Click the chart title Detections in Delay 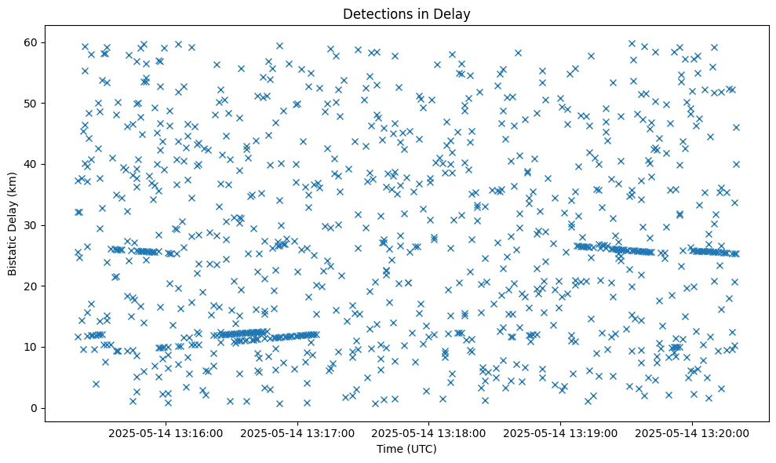tap(406, 13)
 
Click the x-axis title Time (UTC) tap(406, 450)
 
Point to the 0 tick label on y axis tap(35, 408)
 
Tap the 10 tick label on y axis tap(32, 347)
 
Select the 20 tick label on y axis tap(32, 286)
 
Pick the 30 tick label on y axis tap(32, 225)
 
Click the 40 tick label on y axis tap(32, 164)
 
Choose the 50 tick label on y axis tap(32, 104)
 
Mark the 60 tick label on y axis tap(32, 42)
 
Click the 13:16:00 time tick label tap(166, 432)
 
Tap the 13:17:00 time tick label tap(298, 432)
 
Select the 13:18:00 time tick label tap(429, 432)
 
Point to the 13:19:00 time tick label tap(561, 432)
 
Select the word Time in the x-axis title tap(389, 450)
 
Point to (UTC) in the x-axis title tap(421, 450)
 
